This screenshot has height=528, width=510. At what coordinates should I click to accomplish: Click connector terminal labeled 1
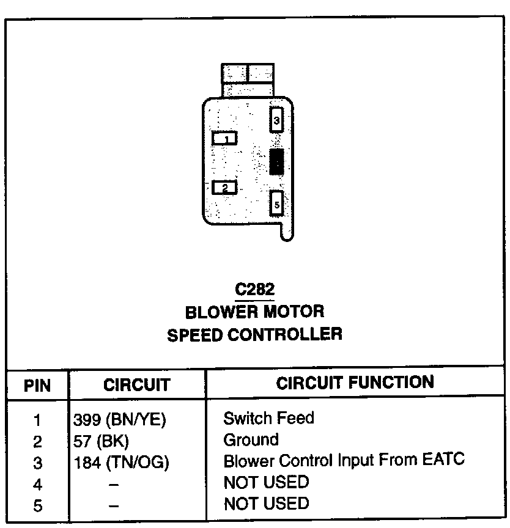tap(224, 139)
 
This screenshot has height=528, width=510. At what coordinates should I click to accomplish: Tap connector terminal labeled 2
tap(224, 188)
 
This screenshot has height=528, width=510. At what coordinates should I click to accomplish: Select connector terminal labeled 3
tap(276, 119)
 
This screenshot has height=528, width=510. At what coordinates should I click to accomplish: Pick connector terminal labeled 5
tap(276, 204)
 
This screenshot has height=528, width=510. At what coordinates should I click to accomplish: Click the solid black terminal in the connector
tap(276, 161)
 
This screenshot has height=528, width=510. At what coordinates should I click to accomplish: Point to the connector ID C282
tap(254, 289)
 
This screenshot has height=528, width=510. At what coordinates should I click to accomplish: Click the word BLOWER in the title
tap(221, 312)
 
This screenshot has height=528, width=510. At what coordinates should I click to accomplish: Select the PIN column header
tap(37, 386)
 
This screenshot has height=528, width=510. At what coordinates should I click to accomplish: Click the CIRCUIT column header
tap(136, 385)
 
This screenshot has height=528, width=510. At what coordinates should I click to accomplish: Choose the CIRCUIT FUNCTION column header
tap(355, 383)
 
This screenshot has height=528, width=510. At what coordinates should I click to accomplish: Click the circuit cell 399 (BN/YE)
tap(120, 420)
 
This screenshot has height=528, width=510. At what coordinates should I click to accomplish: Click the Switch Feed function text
tap(268, 419)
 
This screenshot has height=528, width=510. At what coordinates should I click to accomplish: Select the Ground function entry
tap(251, 440)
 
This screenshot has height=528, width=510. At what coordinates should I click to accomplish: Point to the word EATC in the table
tap(443, 460)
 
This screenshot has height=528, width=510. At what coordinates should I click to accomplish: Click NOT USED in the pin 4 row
tap(266, 482)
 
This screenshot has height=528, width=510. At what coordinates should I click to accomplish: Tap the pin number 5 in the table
tap(37, 506)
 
